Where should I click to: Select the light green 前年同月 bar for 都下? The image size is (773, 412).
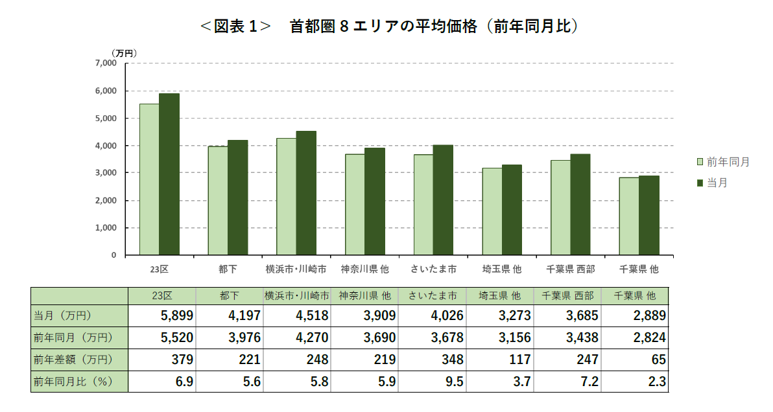218,200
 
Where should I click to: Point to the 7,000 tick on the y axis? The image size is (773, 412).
104,63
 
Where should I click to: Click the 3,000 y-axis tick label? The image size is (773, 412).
104,173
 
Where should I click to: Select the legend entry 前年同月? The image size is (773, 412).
722,162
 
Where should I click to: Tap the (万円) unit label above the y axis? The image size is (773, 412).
123,52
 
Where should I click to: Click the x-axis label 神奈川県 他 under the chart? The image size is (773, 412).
365,268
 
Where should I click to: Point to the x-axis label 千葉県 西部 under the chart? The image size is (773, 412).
571,268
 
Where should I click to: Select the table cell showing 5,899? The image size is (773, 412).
162,316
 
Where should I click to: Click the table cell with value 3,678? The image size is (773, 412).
433,338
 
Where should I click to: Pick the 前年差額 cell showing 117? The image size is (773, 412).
501,360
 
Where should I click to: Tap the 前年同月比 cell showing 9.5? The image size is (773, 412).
433,382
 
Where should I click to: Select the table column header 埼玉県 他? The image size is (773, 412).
500,295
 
